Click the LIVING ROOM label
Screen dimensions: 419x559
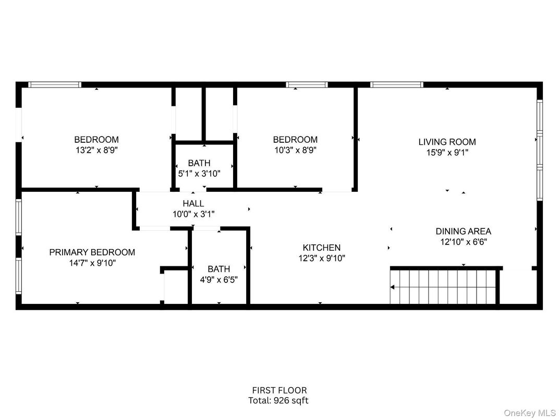[x=447, y=142]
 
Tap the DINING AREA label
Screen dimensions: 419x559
[x=463, y=231]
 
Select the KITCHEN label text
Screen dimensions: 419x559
[x=321, y=248]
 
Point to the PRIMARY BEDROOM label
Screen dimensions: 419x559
[x=92, y=252]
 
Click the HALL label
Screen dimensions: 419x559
[x=193, y=204]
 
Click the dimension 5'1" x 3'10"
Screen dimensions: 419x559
[x=199, y=174]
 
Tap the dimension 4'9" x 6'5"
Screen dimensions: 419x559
[x=218, y=279]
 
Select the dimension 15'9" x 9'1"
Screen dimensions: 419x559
[x=447, y=153]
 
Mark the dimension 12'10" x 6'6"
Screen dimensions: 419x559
[x=463, y=242]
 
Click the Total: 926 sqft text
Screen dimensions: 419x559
[x=279, y=401]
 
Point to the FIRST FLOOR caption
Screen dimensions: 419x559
[x=279, y=390]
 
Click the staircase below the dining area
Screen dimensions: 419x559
[x=443, y=287]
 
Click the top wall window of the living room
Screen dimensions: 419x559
[x=396, y=84]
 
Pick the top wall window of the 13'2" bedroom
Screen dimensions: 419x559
[x=55, y=84]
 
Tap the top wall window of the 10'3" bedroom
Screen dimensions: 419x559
[x=307, y=84]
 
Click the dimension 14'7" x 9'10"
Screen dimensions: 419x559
[x=92, y=263]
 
